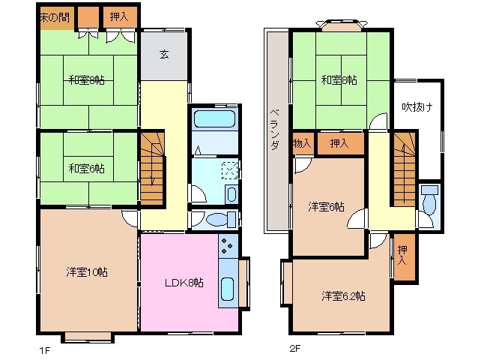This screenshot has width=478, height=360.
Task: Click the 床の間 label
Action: click(x=55, y=17)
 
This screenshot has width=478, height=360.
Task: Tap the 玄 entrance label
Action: click(x=164, y=54)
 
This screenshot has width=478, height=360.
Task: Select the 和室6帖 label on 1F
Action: click(x=87, y=168)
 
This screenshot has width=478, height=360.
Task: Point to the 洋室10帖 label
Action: click(x=87, y=271)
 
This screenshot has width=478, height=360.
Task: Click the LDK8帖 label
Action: click(x=184, y=283)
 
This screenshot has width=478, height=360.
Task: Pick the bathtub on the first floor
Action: click(x=214, y=118)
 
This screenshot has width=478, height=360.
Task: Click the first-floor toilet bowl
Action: click(x=217, y=220)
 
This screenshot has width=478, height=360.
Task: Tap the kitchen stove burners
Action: click(x=227, y=245)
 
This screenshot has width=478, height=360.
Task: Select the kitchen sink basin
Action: click(x=227, y=289)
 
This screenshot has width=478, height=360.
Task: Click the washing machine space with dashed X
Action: click(x=229, y=170)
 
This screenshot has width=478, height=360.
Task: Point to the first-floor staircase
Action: click(x=152, y=169)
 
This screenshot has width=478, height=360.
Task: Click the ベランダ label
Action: click(x=275, y=129)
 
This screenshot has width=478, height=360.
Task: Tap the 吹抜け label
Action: click(x=417, y=107)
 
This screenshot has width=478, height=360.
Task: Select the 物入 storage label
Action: click(x=302, y=143)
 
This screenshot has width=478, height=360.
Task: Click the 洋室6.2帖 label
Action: click(x=343, y=295)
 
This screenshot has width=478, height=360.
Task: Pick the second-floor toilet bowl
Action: click(x=429, y=204)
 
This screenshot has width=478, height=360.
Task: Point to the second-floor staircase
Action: click(x=405, y=169)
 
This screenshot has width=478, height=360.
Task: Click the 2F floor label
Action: click(x=294, y=348)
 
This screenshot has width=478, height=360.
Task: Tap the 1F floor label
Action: click(x=44, y=350)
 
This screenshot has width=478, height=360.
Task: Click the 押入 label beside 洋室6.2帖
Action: click(x=402, y=255)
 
